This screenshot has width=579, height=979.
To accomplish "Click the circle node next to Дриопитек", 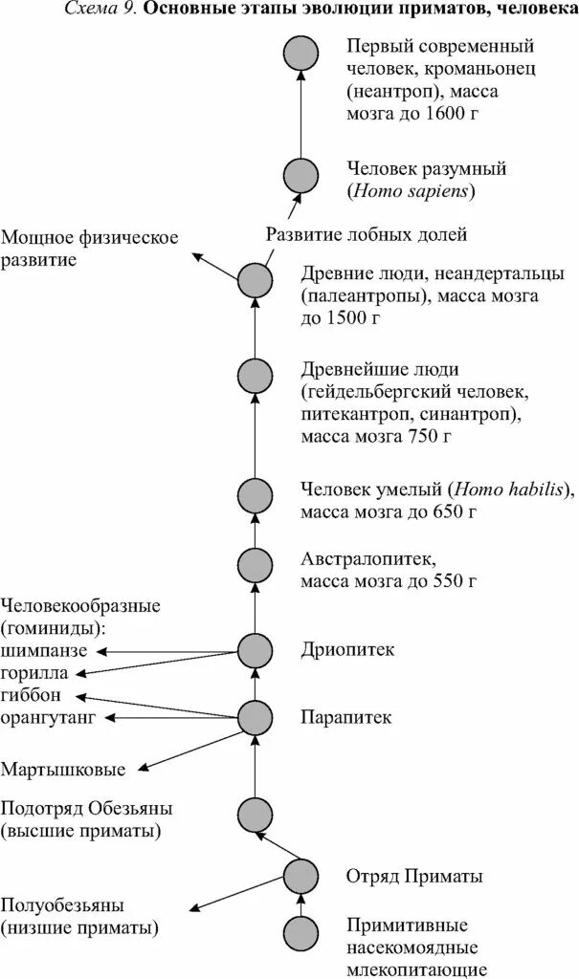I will (x=256, y=650).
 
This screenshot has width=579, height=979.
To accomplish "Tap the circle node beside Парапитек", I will (x=256, y=716).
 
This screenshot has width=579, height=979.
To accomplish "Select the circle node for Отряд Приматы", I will (x=301, y=875).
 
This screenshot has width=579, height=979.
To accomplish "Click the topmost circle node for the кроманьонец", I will (x=301, y=54).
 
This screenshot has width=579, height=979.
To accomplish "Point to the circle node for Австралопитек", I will (x=256, y=566).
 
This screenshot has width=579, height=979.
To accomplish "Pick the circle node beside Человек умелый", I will (x=256, y=495).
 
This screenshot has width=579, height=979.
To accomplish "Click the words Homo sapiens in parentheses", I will (x=412, y=191).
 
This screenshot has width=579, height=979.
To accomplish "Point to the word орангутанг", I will (x=48, y=718).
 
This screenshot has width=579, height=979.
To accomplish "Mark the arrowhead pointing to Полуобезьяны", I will (x=192, y=909).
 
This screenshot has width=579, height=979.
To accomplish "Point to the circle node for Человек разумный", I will (x=301, y=176).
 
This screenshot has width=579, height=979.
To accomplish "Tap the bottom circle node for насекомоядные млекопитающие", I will (x=301, y=931).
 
